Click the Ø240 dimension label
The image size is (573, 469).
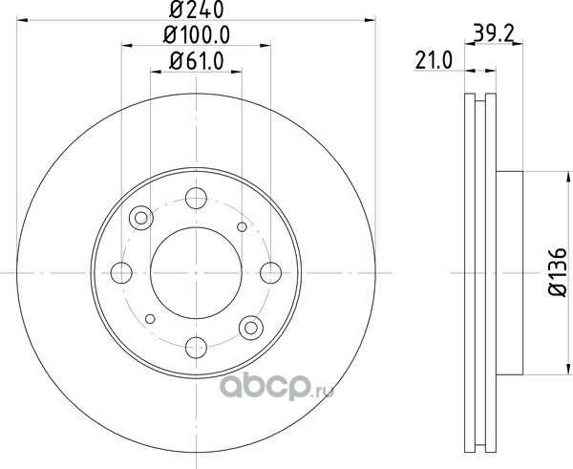tap(196, 10)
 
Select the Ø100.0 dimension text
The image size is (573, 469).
tap(197, 35)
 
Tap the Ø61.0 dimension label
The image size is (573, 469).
tap(197, 61)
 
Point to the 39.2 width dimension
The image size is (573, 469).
tap(494, 32)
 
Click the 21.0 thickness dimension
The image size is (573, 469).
tap(434, 60)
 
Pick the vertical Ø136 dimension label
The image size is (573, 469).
tap(558, 272)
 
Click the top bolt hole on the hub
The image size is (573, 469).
tap(196, 198)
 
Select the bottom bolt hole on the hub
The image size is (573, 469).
tap(196, 348)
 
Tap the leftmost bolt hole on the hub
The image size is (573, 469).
tap(121, 272)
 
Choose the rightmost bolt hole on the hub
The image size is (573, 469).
tap(271, 272)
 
